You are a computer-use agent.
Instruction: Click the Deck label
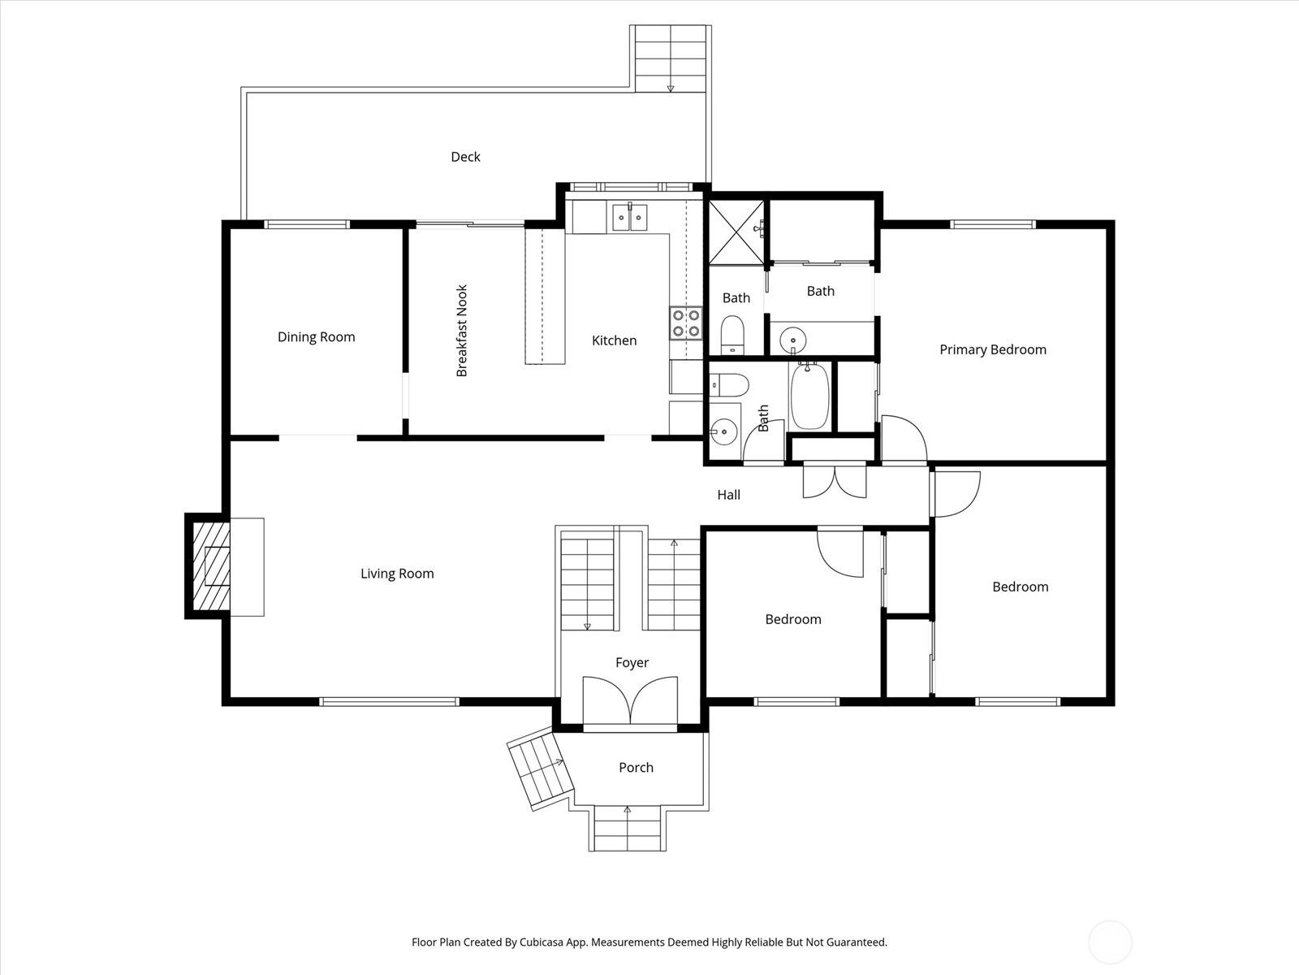pyautogui.click(x=465, y=157)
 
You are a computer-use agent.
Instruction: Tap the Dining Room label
pyautogui.click(x=316, y=337)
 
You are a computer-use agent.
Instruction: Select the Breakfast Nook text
pyautogui.click(x=462, y=331)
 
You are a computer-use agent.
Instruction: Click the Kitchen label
pyautogui.click(x=615, y=340)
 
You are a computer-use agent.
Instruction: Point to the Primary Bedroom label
pyautogui.click(x=992, y=349)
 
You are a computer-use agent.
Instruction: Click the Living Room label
pyautogui.click(x=397, y=573)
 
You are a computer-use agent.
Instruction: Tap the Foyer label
pyautogui.click(x=632, y=662)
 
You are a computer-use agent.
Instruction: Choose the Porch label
pyautogui.click(x=637, y=767)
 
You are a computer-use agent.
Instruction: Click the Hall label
pyautogui.click(x=728, y=495)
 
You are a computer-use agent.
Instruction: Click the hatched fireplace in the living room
pyautogui.click(x=211, y=566)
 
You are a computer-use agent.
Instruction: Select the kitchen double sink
pyautogui.click(x=629, y=217)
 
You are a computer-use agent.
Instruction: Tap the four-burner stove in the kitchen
pyautogui.click(x=686, y=323)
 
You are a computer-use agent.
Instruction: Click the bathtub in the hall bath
pyautogui.click(x=809, y=396)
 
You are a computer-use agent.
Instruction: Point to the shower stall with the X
pyautogui.click(x=736, y=232)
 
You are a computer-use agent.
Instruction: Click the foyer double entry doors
pyautogui.click(x=630, y=700)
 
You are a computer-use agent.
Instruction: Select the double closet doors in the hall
pyautogui.click(x=835, y=481)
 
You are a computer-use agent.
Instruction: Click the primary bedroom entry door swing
pyautogui.click(x=904, y=439)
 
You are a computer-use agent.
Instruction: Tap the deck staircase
pyautogui.click(x=671, y=58)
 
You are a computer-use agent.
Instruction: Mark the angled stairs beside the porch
pyautogui.click(x=541, y=769)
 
